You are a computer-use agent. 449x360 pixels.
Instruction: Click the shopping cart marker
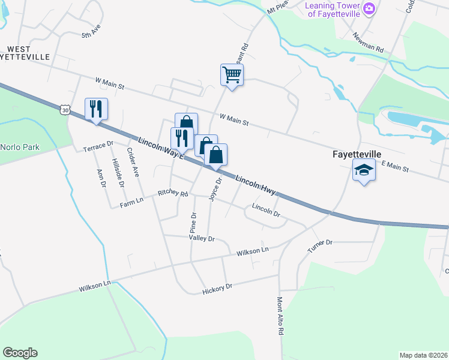click(232, 75)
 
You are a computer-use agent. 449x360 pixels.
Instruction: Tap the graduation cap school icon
click(364, 171)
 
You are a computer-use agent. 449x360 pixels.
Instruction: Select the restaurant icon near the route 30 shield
click(96, 109)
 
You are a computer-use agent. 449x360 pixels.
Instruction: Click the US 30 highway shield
click(65, 109)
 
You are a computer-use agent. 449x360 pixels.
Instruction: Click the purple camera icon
click(370, 8)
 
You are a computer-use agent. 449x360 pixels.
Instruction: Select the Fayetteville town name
click(357, 154)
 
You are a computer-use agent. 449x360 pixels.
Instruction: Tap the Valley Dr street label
click(202, 238)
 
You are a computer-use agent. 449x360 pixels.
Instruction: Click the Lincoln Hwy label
click(255, 185)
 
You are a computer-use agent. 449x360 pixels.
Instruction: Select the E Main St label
click(394, 166)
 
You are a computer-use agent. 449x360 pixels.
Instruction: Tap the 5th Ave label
click(91, 32)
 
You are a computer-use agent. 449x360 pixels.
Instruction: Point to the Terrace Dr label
click(98, 146)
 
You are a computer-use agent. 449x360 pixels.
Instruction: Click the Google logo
click(20, 353)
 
